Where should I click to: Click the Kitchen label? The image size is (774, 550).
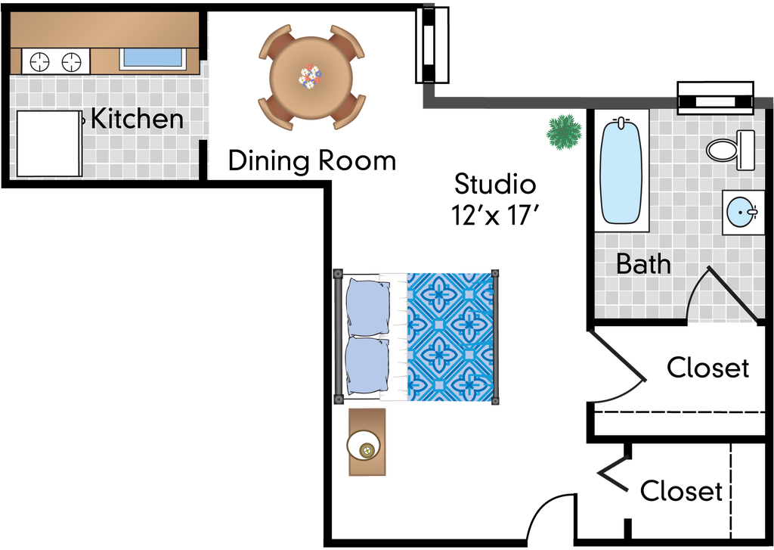coord(137,119)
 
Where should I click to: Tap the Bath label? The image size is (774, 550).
coord(643,264)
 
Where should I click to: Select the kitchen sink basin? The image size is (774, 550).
coord(153,57)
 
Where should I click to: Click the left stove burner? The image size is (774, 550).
coord(39,61)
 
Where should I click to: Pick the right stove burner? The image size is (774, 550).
coord(71,61)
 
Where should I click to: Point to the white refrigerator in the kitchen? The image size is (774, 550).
coord(48,144)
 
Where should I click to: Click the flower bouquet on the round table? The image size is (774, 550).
coord(310,76)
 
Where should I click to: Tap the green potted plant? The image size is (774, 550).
coord(564,132)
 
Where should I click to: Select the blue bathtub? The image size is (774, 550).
coord(621,171)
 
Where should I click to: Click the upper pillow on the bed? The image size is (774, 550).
coord(368,306)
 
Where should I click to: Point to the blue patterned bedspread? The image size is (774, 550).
coord(452,337)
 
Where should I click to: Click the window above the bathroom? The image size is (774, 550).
coord(715,98)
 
